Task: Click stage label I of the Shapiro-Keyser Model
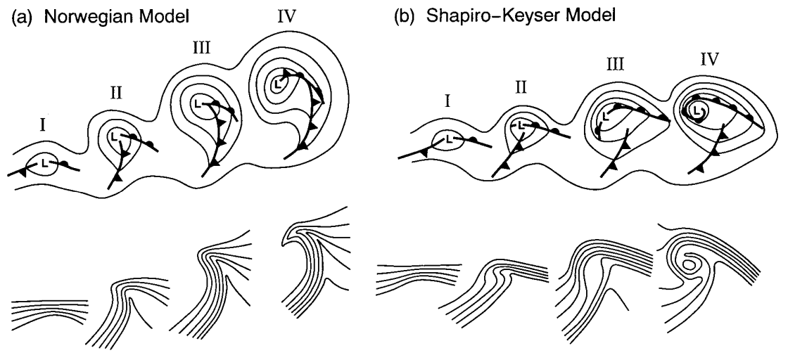click(448, 105)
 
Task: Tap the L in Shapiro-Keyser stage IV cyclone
click(697, 110)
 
